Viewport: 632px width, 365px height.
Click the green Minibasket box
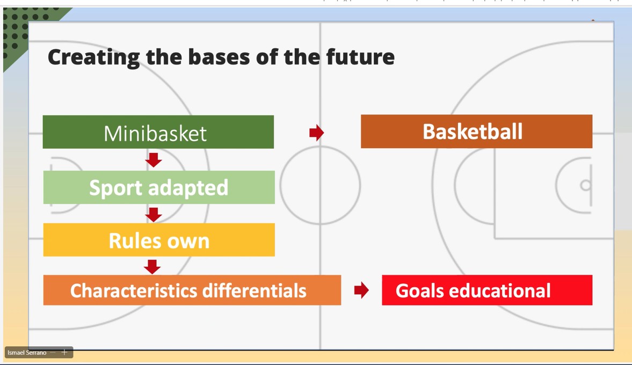point(158,132)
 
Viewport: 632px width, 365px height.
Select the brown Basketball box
point(476,132)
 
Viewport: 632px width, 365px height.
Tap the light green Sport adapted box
point(159,187)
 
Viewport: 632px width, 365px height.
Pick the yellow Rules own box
point(159,240)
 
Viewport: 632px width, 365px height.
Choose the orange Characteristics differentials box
point(192,290)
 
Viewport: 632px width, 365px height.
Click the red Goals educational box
point(487,290)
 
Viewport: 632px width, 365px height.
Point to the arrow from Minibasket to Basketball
point(317,133)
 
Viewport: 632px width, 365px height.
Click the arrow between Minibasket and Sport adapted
point(154,160)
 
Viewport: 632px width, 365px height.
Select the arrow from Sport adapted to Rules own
point(154,215)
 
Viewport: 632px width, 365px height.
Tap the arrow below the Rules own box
point(152,267)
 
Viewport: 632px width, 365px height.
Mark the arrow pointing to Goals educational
point(361,290)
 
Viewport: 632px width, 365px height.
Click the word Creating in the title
point(93,57)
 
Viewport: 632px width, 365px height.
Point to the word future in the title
point(360,57)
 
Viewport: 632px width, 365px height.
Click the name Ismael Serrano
point(27,353)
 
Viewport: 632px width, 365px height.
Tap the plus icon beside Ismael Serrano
point(64,352)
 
